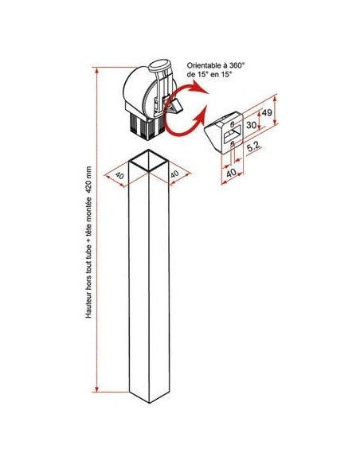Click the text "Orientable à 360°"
click(215, 65)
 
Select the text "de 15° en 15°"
click(209, 74)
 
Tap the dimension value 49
click(267, 113)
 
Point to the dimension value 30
click(251, 125)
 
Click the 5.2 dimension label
click(253, 147)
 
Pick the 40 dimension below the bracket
click(231, 173)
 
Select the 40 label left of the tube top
click(119, 175)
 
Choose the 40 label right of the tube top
click(174, 174)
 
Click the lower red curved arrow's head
click(200, 116)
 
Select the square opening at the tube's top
click(149, 161)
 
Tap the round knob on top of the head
click(159, 65)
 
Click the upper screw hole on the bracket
click(233, 123)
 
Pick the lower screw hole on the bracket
click(233, 144)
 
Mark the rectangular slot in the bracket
click(233, 134)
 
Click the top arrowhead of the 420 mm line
click(96, 70)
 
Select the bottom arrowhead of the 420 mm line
click(96, 389)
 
